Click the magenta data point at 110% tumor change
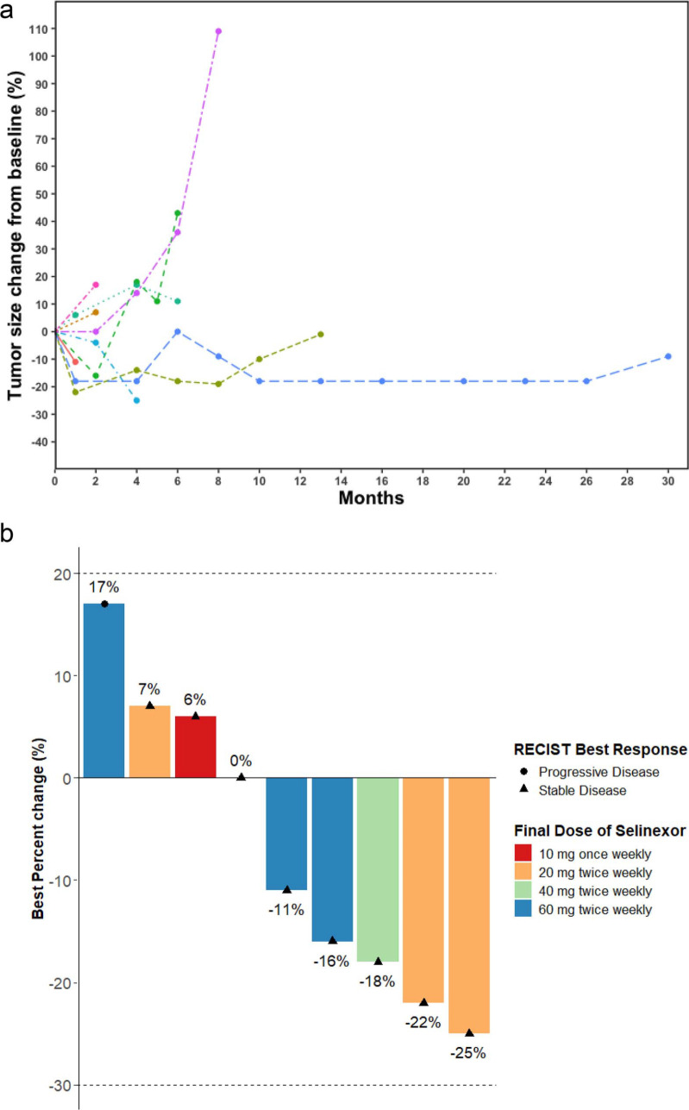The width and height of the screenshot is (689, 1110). tap(218, 31)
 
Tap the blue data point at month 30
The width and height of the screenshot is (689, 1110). tap(668, 356)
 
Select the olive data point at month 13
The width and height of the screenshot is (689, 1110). tap(321, 335)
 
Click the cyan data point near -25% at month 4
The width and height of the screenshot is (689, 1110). tap(137, 400)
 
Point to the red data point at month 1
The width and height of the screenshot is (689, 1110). tap(75, 362)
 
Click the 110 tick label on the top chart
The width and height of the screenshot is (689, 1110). tap(39, 29)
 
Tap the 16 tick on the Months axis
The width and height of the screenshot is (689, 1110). tap(381, 481)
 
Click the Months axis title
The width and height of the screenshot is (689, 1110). tap(372, 498)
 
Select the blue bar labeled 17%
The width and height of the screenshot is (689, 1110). tap(104, 691)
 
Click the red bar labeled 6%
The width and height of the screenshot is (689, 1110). tap(196, 747)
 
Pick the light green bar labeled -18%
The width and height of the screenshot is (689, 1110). tap(378, 869)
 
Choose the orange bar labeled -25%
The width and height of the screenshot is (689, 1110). tap(469, 906)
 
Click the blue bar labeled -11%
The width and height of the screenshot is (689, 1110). tap(286, 834)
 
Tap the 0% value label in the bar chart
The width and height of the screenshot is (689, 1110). tap(241, 761)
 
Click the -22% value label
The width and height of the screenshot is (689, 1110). tap(423, 1022)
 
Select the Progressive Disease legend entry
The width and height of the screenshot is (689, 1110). tap(590, 772)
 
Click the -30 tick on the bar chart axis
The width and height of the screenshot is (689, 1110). tap(60, 1086)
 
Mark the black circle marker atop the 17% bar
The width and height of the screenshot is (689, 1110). tap(104, 604)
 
